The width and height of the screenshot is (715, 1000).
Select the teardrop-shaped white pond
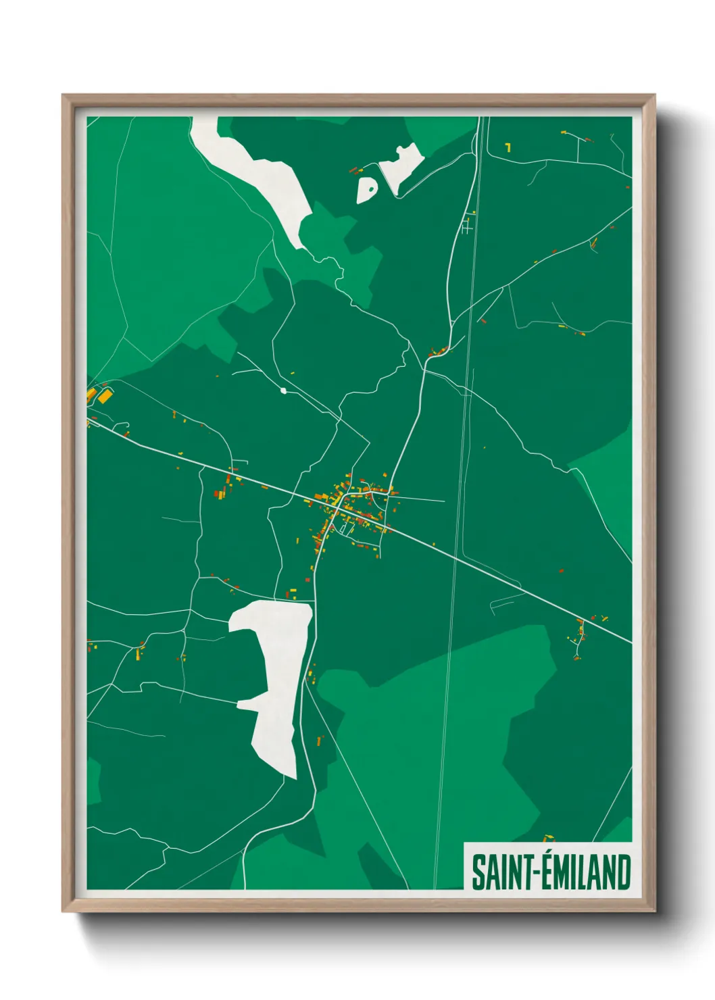pos(367,190)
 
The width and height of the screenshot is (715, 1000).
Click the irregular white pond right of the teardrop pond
pos(401,166)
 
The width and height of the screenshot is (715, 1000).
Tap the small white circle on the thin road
pos(283,391)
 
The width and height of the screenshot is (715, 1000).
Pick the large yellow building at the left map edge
pos(104,396)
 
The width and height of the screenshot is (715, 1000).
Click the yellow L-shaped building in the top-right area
pos(508,147)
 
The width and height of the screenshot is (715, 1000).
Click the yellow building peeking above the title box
pos(548,839)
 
